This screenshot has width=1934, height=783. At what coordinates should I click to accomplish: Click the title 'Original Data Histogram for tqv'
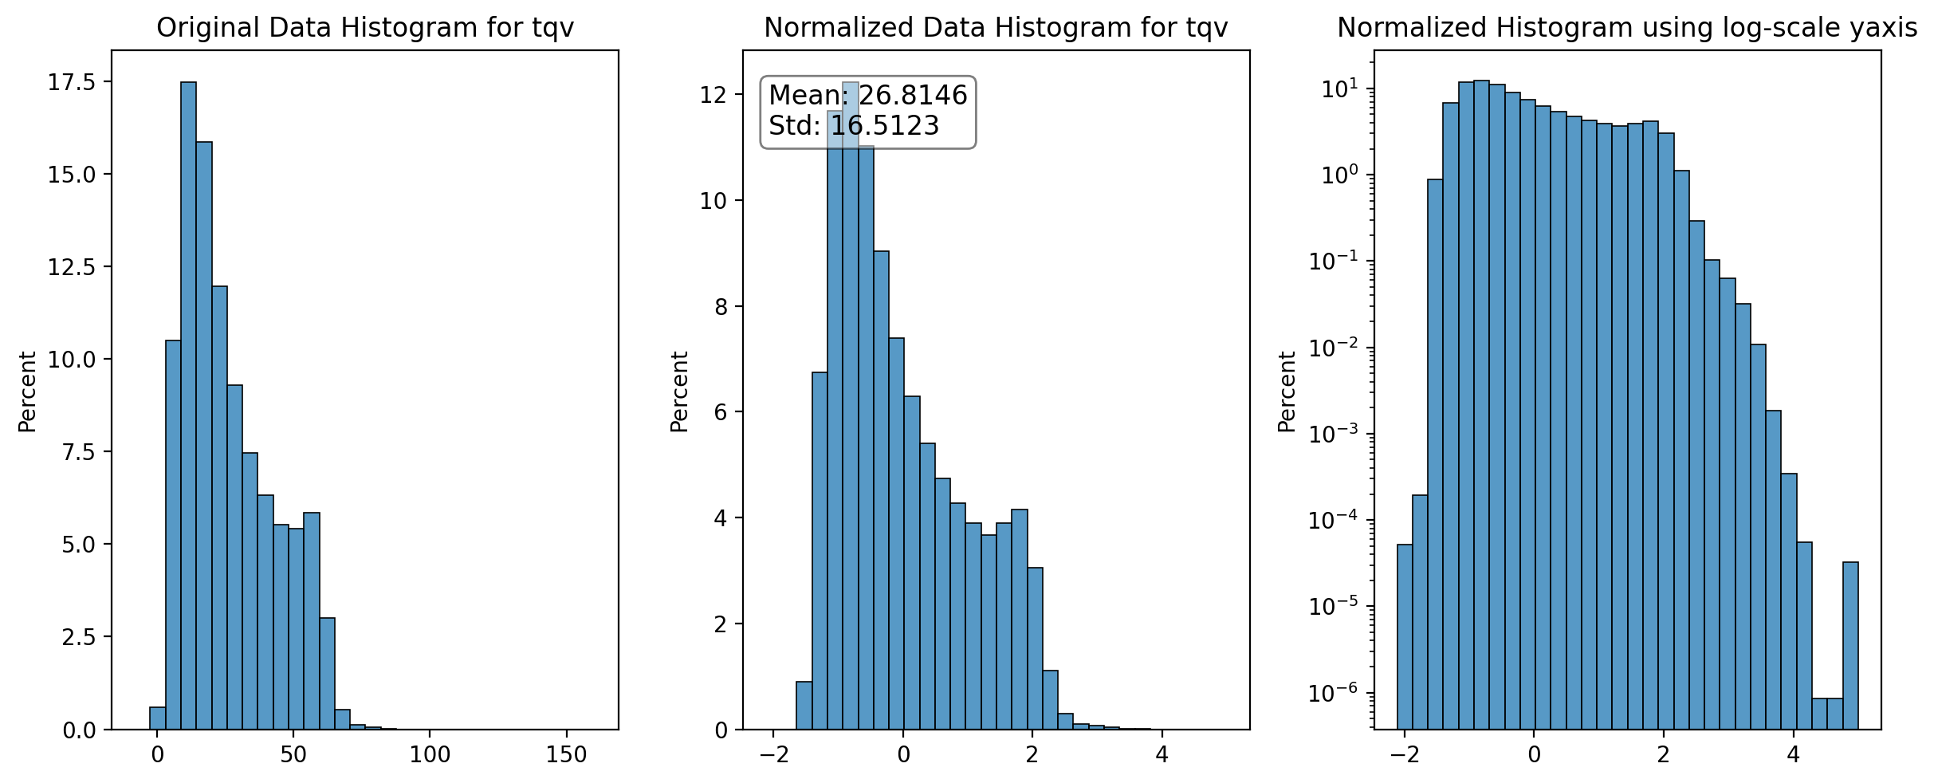click(365, 28)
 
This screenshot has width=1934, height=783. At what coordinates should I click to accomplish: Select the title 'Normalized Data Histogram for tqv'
click(996, 28)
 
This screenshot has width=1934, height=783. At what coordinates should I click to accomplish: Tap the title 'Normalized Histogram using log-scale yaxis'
click(1627, 28)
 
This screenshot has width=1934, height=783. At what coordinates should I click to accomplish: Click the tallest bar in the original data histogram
click(188, 406)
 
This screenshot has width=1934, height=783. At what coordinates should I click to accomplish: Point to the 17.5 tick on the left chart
click(71, 82)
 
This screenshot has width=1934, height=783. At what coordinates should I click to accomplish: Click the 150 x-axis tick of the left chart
click(566, 753)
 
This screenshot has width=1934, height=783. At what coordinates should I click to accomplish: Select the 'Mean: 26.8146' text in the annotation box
click(868, 96)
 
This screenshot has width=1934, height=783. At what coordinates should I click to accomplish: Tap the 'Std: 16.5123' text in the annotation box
click(854, 126)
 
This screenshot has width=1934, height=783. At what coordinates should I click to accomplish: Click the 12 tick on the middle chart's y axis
click(713, 95)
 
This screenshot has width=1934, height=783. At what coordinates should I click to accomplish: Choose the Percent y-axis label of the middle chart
click(679, 391)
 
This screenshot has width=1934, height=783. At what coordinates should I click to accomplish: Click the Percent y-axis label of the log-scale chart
click(1287, 391)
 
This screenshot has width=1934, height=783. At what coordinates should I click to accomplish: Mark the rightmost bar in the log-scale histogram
click(1850, 646)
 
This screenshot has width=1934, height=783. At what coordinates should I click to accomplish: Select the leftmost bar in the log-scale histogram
click(1405, 637)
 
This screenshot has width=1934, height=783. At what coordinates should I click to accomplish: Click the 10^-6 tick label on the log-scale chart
click(1331, 692)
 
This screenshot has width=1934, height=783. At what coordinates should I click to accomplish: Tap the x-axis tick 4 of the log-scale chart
click(1793, 753)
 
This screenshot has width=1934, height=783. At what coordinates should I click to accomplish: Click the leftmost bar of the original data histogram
click(157, 718)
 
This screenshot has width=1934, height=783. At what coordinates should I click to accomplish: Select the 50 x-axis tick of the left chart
click(293, 753)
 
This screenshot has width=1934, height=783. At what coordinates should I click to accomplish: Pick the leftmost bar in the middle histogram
click(804, 706)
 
